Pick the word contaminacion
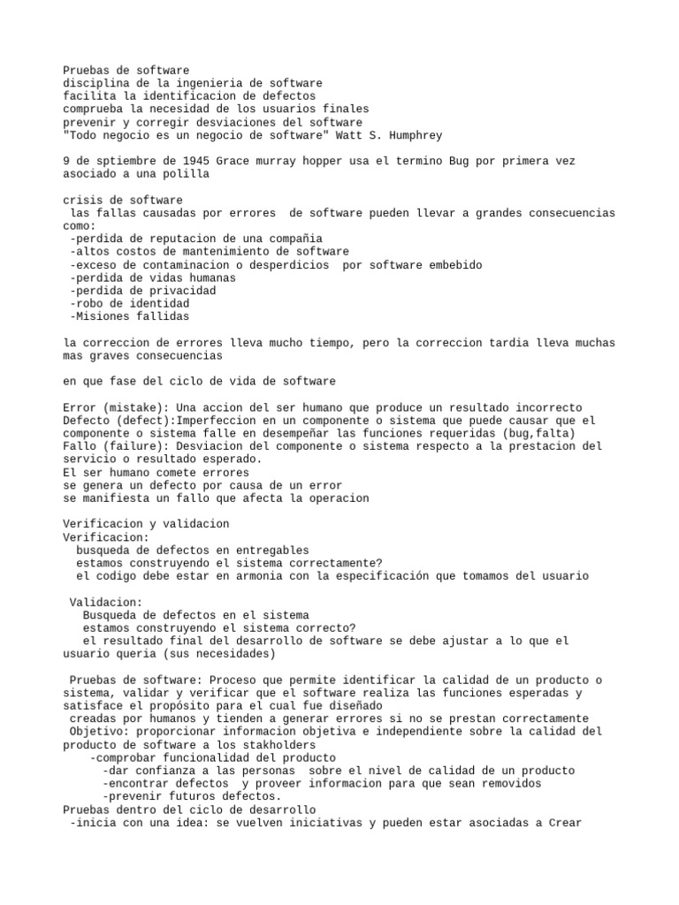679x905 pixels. [x=174, y=265]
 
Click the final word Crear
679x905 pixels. [x=564, y=823]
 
